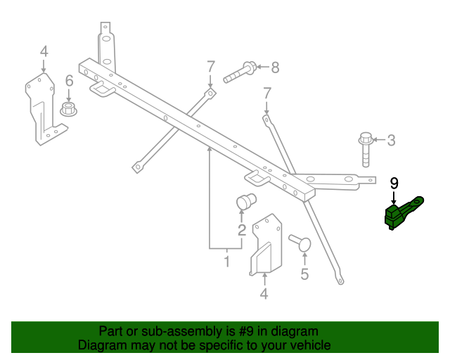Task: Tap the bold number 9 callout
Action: pos(394,184)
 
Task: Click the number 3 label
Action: pos(391,141)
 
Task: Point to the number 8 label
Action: pos(275,67)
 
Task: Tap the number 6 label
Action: pos(69,82)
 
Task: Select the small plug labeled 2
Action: pos(244,202)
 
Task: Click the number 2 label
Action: pos(241,230)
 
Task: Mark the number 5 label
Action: pos(304,274)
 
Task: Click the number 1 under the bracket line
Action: pos(226,262)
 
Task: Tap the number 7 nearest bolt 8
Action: pos(210,67)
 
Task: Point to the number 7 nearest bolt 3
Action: pos(266,94)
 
